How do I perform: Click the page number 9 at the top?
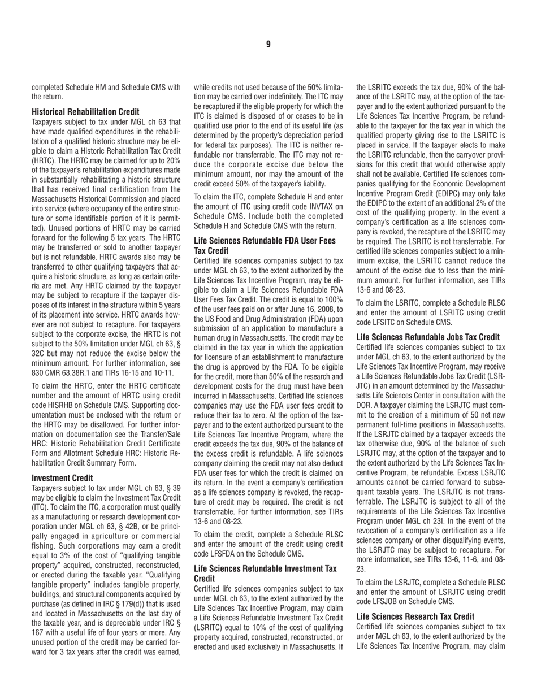[x=268, y=44]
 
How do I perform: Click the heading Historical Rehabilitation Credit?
[x=85, y=112]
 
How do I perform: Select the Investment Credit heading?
[x=62, y=477]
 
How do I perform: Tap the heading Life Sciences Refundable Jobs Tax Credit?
[x=428, y=337]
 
